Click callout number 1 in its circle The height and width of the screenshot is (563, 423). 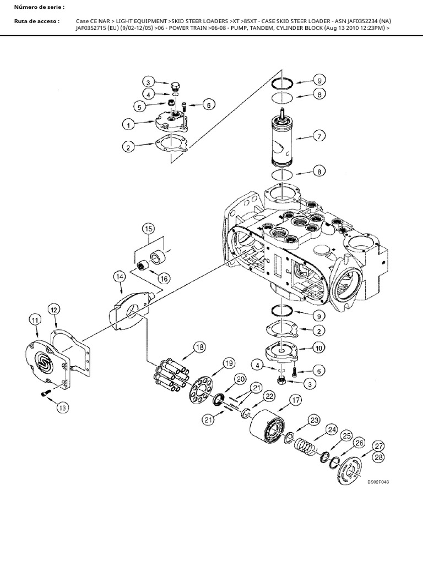(128, 125)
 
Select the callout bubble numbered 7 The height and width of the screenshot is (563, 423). (318, 135)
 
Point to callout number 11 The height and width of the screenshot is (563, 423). (35, 320)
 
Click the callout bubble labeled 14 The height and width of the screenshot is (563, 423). (120, 276)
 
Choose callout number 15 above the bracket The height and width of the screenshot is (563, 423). (147, 228)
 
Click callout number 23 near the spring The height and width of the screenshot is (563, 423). (314, 420)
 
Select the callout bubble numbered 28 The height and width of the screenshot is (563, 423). (378, 456)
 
